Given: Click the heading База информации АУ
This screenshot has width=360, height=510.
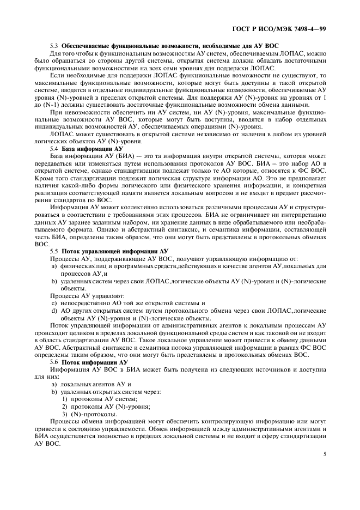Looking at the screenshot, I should coord(93,148).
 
